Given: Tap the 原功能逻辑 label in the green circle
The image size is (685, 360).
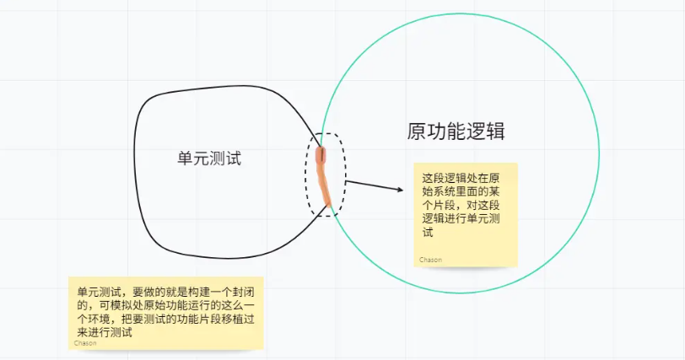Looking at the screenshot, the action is click(x=456, y=132).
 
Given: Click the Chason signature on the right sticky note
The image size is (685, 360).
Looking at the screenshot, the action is click(x=430, y=259).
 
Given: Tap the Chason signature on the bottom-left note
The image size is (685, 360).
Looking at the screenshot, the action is click(x=85, y=342).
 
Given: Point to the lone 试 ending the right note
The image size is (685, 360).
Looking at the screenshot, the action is click(x=427, y=232).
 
